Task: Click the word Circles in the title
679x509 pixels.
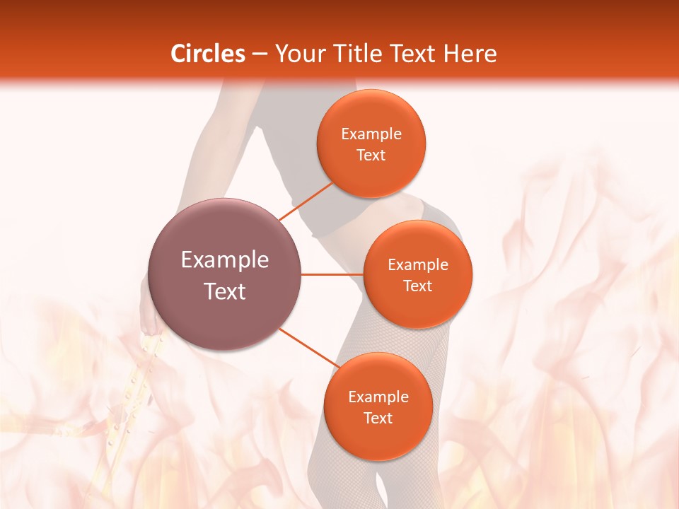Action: click(208, 54)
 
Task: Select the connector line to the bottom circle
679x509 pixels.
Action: click(309, 348)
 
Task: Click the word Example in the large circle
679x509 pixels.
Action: click(224, 260)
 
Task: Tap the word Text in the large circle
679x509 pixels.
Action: click(224, 291)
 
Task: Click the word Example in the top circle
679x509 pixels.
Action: click(371, 134)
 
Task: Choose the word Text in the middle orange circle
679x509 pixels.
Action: click(417, 286)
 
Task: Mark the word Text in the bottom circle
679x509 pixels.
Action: click(378, 419)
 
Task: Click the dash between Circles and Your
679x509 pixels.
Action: click(260, 54)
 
